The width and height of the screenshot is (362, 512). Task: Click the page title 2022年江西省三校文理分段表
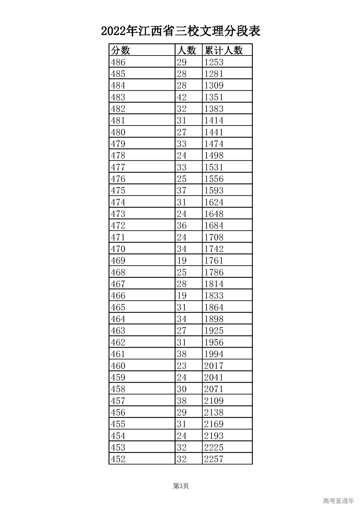[x=181, y=31]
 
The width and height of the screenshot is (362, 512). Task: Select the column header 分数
[x=121, y=50]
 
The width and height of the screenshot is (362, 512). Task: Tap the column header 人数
[x=186, y=50]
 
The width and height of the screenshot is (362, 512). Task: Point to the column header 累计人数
[x=224, y=50]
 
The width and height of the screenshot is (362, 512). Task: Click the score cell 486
[x=118, y=62]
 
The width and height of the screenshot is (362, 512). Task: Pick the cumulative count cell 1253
[x=214, y=62]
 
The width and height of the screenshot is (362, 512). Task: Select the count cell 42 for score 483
[x=182, y=97]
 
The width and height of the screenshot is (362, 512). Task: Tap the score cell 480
[x=118, y=132]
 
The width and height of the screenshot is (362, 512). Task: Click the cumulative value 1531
[x=214, y=167]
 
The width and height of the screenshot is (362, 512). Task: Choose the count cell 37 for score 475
[x=182, y=190]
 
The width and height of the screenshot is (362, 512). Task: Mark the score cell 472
[x=118, y=225]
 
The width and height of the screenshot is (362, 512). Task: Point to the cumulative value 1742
[x=214, y=249]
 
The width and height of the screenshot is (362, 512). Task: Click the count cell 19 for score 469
[x=182, y=261]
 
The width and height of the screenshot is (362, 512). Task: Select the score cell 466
[x=118, y=296]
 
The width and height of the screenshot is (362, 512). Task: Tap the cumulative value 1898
[x=214, y=319]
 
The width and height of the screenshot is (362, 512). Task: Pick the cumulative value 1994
[x=214, y=354]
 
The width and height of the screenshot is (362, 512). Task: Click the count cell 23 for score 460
[x=182, y=365]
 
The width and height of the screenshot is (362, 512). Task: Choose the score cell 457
[x=118, y=401]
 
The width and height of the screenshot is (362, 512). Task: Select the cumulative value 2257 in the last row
[x=214, y=459]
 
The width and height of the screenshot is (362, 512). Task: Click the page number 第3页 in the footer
[x=181, y=486]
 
